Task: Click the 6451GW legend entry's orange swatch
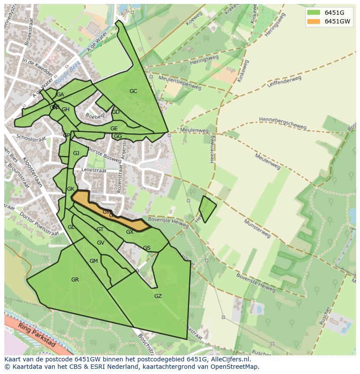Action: [x=313, y=21]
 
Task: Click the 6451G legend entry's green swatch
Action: [x=313, y=13]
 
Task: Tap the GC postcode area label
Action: [x=133, y=91]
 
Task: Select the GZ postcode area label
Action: [x=158, y=296]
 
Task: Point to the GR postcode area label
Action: [x=75, y=280]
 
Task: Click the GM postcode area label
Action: [x=93, y=261]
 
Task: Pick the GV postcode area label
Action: [x=100, y=243]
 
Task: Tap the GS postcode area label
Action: [x=147, y=248]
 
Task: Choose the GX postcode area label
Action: [x=130, y=232]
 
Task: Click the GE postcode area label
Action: [x=114, y=129]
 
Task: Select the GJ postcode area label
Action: [x=76, y=153]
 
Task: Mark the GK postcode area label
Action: [x=70, y=189]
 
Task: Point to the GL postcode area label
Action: [x=71, y=227]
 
